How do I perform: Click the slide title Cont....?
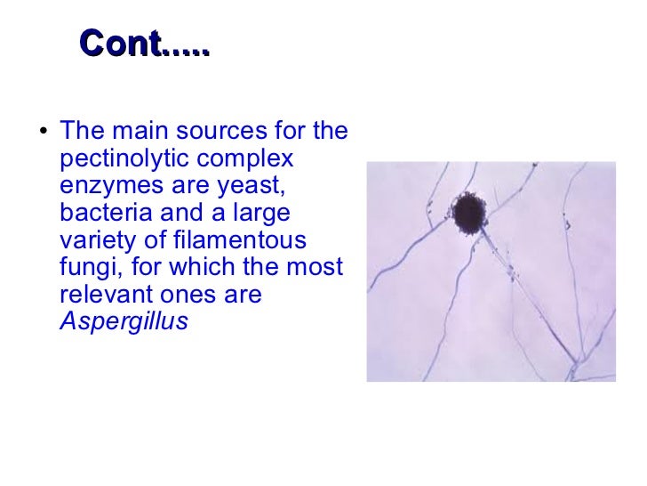[144, 44]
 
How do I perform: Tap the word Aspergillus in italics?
[124, 321]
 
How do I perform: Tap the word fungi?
[88, 268]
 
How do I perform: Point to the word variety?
[95, 241]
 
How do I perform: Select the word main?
[143, 133]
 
